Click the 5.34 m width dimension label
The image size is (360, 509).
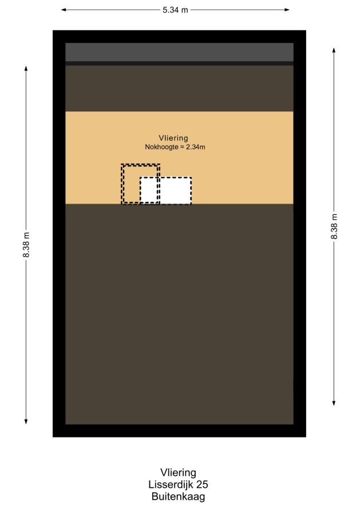tap(175, 10)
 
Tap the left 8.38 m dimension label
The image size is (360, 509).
tap(26, 245)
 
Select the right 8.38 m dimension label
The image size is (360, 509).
tap(334, 226)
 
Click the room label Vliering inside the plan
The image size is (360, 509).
tap(173, 138)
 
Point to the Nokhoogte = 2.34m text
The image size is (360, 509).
tap(175, 147)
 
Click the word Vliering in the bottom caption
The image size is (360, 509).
tap(178, 472)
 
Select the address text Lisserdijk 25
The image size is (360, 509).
tap(178, 484)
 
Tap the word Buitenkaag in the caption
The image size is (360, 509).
tap(178, 496)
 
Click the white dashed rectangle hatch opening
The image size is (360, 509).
tap(166, 190)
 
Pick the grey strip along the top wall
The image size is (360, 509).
tap(179, 52)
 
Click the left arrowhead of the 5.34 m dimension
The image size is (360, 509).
tap(64, 10)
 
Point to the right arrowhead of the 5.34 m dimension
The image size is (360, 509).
tap(287, 10)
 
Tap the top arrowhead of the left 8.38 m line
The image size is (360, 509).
tap(26, 69)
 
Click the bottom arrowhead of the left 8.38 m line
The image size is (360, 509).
tap(26, 421)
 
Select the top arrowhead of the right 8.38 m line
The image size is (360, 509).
tap(334, 50)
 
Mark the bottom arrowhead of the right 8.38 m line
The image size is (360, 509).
tap(334, 403)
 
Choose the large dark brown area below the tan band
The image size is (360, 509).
tap(179, 314)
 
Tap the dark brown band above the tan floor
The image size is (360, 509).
tap(179, 89)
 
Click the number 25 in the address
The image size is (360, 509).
tap(202, 484)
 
